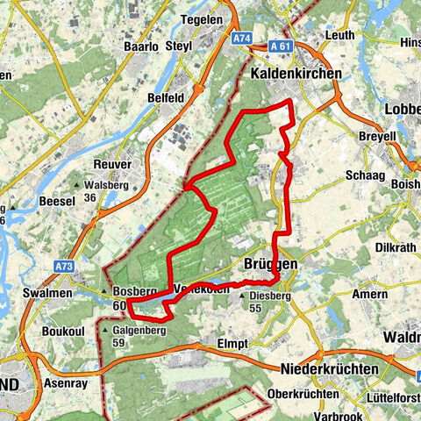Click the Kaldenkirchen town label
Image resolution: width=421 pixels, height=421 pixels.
tap(295, 75)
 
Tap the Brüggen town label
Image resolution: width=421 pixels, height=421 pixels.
tap(267, 263)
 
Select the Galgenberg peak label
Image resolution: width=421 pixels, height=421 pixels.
tap(134, 330)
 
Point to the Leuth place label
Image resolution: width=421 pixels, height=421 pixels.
tap(340, 34)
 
